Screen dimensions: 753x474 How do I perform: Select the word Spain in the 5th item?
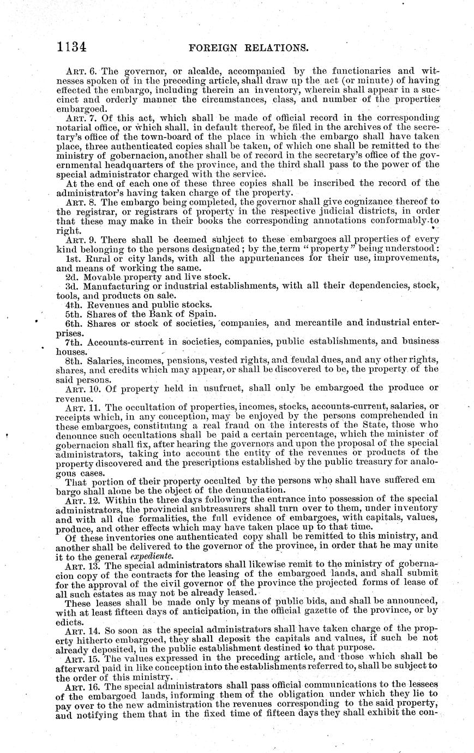[202, 314]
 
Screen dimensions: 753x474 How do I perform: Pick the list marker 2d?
[70, 277]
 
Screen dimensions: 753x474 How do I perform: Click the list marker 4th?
[73, 304]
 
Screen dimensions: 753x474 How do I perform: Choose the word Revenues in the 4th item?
[106, 304]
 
